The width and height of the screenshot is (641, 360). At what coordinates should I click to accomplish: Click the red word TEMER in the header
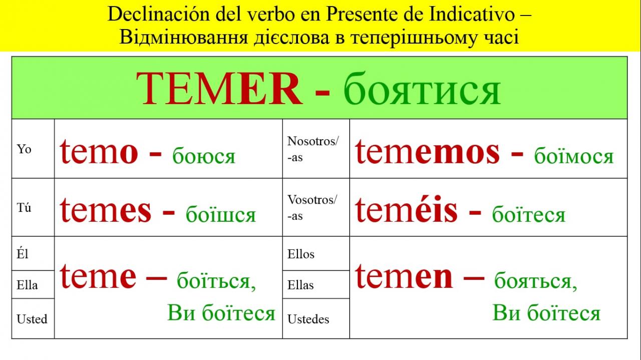(219, 89)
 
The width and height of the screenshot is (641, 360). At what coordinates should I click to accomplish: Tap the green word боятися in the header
(422, 89)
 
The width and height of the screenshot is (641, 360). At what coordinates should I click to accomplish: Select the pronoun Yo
(24, 149)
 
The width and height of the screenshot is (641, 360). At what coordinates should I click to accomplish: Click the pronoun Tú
(24, 207)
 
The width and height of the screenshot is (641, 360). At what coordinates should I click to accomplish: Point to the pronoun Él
(23, 254)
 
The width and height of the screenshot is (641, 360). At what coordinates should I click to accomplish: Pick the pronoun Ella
(27, 285)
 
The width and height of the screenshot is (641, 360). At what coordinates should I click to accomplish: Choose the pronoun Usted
(32, 319)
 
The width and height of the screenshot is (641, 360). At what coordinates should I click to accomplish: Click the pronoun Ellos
(301, 254)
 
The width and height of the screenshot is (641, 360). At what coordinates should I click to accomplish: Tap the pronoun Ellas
(300, 285)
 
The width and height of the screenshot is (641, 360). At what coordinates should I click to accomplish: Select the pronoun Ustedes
(308, 319)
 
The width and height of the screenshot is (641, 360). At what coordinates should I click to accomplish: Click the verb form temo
(99, 152)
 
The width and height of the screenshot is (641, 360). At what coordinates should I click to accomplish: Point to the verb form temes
(105, 210)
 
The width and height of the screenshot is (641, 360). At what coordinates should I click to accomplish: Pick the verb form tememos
(427, 152)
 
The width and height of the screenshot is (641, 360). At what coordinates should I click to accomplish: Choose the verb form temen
(404, 276)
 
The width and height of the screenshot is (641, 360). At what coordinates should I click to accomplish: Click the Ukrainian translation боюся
(204, 156)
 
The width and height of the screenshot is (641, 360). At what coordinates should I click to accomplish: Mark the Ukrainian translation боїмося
(574, 155)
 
